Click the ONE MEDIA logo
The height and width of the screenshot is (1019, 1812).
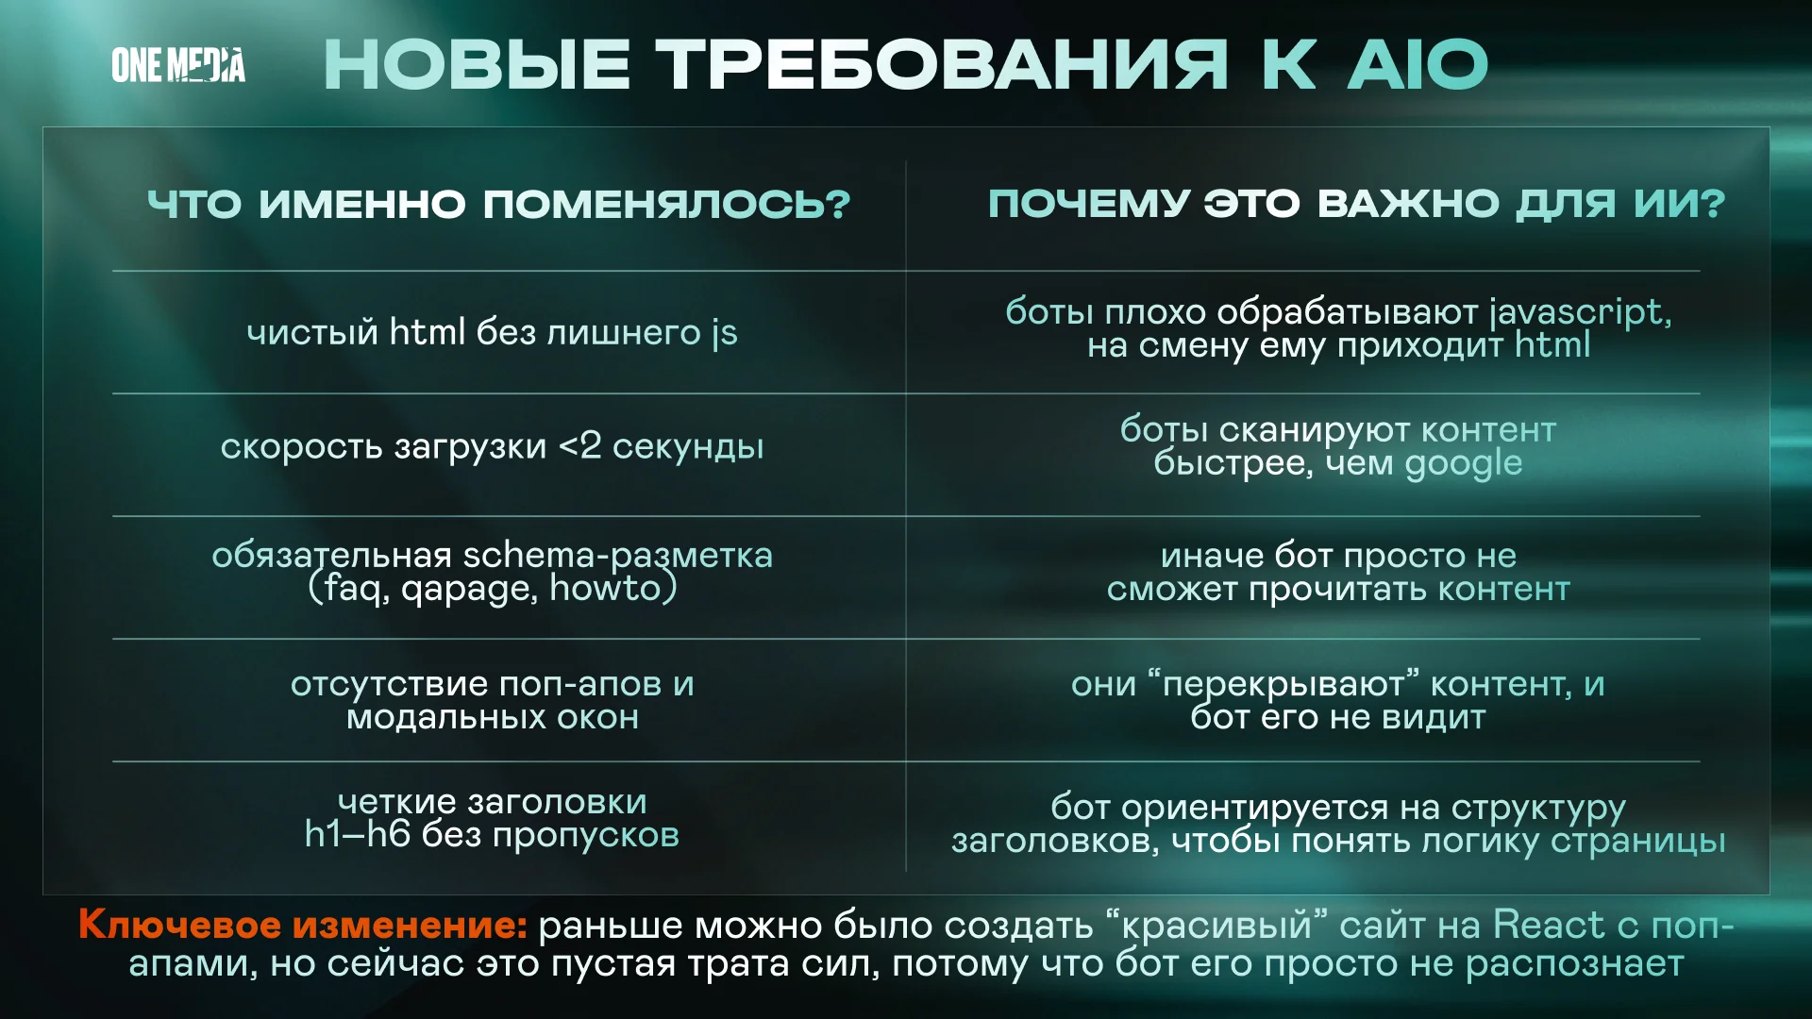[178, 65]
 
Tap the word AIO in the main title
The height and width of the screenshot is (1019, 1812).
[1418, 65]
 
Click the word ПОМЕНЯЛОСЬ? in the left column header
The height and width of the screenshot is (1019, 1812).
[667, 204]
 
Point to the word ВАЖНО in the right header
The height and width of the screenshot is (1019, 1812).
[1408, 203]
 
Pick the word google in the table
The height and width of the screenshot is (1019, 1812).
[1464, 464]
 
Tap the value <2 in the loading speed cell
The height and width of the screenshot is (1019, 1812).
[579, 445]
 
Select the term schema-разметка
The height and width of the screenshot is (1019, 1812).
[618, 556]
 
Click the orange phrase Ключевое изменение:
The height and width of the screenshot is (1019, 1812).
[303, 925]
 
